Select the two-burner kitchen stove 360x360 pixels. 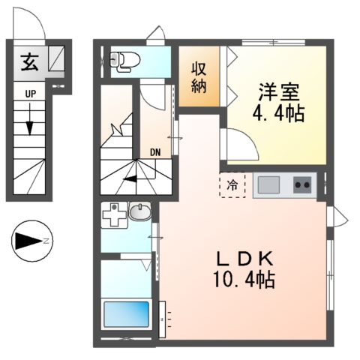click(x=302, y=184)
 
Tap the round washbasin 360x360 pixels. click(x=139, y=214)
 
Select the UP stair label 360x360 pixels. click(x=30, y=94)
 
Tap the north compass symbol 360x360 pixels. click(x=31, y=240)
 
